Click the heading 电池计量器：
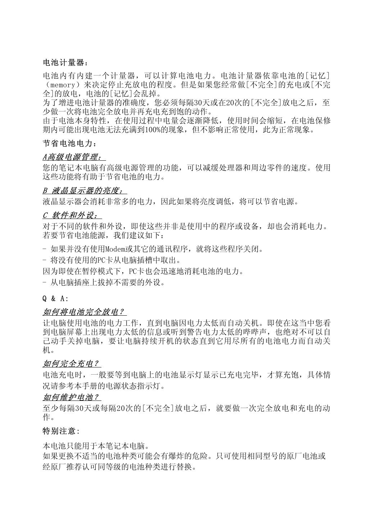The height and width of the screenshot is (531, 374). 65,63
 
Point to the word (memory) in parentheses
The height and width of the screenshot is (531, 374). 65,85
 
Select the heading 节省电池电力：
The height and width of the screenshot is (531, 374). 69,144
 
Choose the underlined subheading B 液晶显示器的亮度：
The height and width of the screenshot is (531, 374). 85,191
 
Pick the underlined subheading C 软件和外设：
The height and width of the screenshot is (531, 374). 72,215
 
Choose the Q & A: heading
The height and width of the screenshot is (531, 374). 55,299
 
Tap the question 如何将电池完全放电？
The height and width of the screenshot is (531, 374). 84,312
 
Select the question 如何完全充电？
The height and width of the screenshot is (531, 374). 71,364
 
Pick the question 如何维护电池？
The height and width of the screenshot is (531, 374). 71,397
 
